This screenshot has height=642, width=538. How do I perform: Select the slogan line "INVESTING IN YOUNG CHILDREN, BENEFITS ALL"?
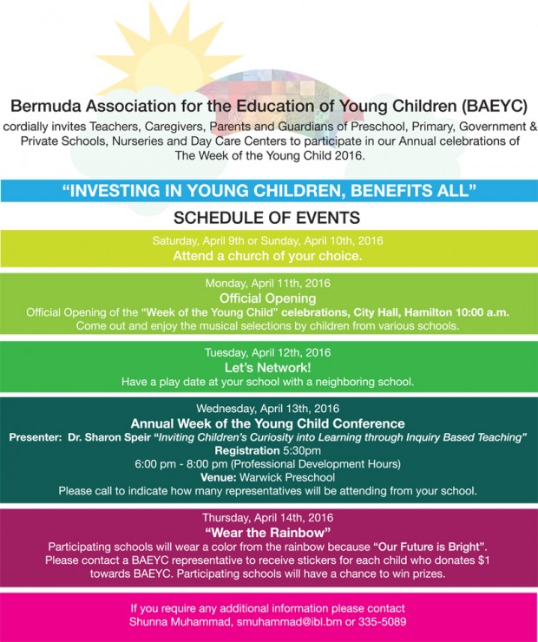click(269, 190)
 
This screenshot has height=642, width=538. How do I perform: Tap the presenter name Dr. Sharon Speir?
click(109, 436)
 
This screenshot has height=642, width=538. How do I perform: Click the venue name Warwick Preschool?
click(291, 477)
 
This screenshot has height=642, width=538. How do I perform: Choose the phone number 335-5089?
click(381, 622)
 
